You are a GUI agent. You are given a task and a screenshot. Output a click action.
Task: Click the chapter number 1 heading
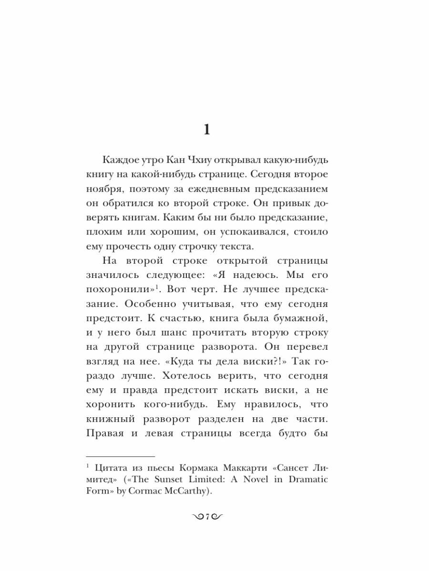(x=206, y=129)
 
